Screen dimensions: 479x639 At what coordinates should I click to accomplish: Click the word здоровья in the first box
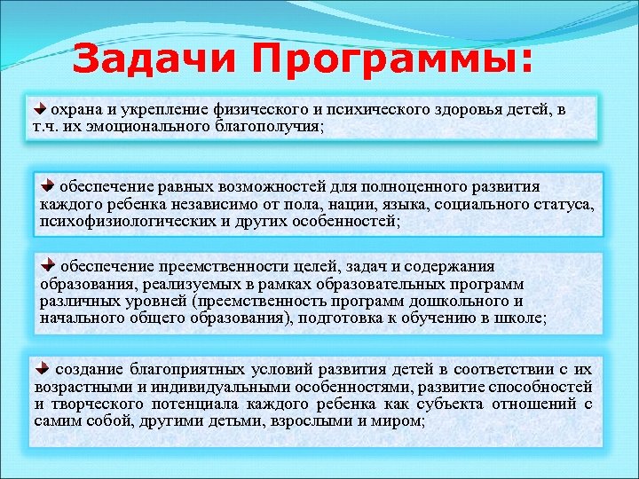click(452, 110)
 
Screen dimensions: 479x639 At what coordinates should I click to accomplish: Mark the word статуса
click(560, 205)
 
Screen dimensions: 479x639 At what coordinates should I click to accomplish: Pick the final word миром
click(401, 421)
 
